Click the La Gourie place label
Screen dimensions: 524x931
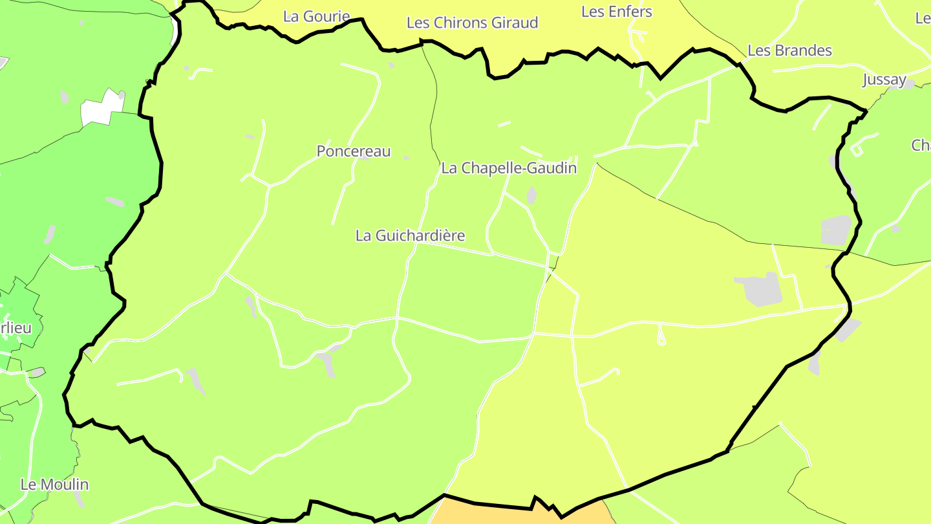pos(317,16)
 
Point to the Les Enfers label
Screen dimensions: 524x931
pos(617,12)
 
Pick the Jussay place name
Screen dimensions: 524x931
pos(884,80)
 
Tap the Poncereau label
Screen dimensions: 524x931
pos(354,151)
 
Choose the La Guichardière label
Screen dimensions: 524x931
pos(410,235)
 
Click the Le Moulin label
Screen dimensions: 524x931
pos(55,485)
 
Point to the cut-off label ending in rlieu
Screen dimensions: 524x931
pos(16,327)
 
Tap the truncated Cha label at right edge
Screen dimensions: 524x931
pos(921,146)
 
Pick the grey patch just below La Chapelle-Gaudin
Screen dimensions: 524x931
pos(531,195)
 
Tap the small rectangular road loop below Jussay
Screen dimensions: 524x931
pos(857,150)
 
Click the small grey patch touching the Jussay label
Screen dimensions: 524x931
pos(909,84)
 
